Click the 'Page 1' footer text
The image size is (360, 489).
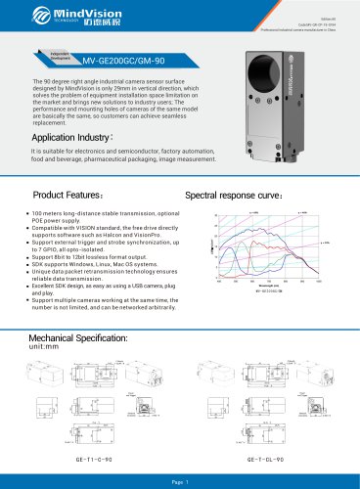(x=180, y=481)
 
